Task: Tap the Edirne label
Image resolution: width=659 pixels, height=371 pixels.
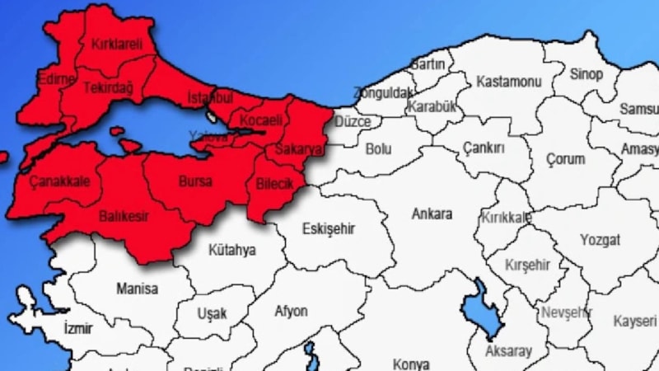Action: [x=56, y=79]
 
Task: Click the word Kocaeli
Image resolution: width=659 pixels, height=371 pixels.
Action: [x=260, y=120]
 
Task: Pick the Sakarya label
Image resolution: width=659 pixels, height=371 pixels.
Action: [x=296, y=149]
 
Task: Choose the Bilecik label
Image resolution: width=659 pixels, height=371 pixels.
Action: [x=274, y=183]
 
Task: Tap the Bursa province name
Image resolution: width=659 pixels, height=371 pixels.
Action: [x=195, y=181]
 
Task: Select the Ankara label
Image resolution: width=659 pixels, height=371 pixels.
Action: [x=432, y=214]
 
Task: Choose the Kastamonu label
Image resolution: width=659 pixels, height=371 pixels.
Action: [x=508, y=81]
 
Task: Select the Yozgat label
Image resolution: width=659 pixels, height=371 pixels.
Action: [x=600, y=241]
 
